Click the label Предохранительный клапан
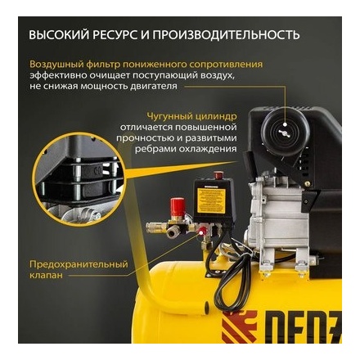tap(79, 270)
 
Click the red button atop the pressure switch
tap(218, 174)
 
